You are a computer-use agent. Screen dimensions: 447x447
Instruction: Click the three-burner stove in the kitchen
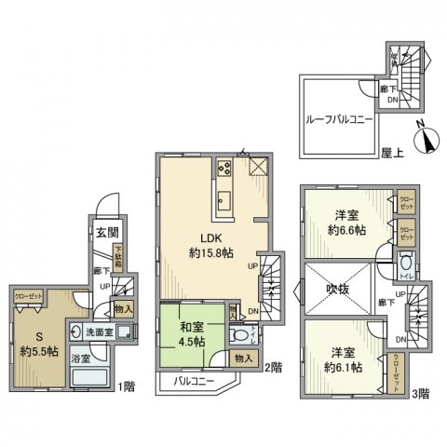[x=224, y=169]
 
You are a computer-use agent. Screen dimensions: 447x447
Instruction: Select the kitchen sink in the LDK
[x=224, y=199]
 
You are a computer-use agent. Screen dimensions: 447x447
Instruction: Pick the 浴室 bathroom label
[x=85, y=358]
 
